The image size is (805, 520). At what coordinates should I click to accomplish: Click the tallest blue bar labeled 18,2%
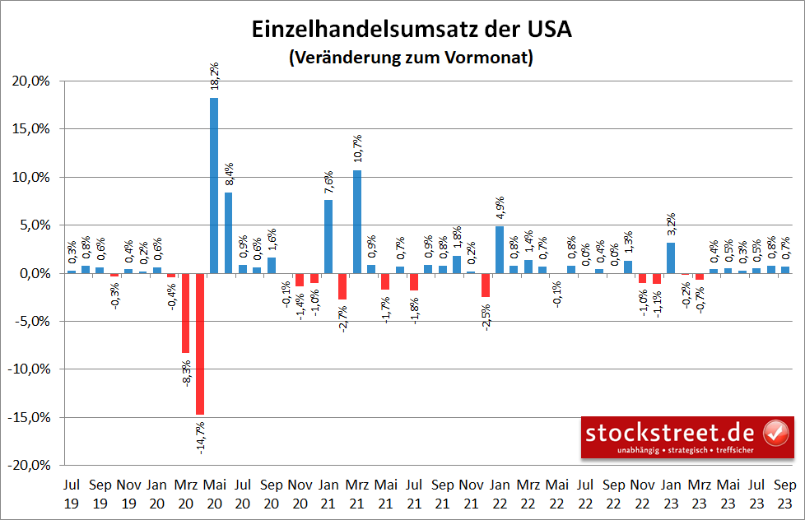[x=214, y=185]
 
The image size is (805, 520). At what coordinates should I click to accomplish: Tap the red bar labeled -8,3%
[x=186, y=313]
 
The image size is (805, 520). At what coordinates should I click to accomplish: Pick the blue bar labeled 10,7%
[x=356, y=221]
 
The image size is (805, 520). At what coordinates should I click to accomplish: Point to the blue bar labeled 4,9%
[x=500, y=249]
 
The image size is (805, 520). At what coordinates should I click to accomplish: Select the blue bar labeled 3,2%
[x=671, y=258]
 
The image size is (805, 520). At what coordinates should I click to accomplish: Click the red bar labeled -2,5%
[x=486, y=285]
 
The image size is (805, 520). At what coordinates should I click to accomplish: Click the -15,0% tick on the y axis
[x=31, y=417]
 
